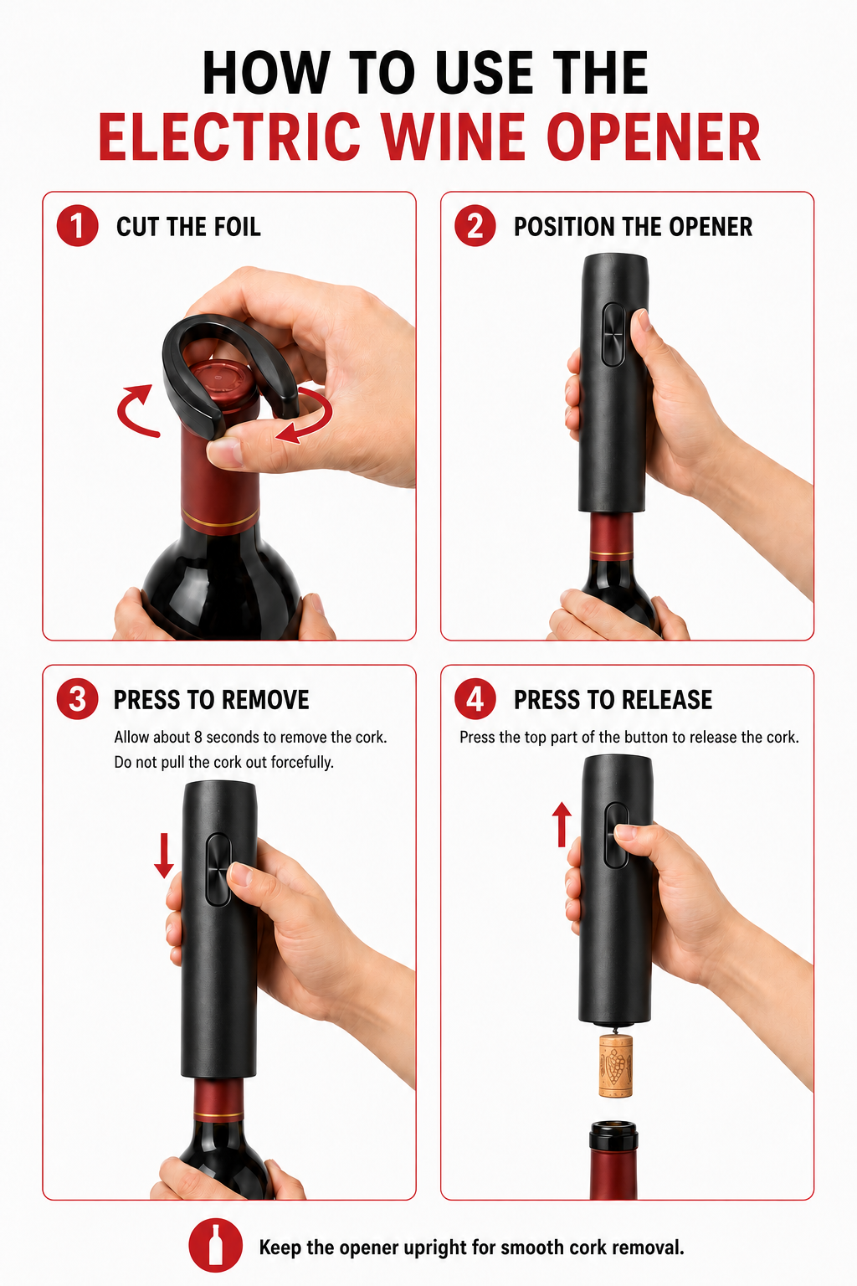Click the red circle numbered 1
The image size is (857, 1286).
[77, 226]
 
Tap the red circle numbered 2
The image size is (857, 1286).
[475, 226]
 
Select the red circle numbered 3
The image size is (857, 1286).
[77, 699]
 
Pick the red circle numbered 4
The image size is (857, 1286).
[475, 699]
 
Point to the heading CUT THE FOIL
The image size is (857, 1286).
[188, 227]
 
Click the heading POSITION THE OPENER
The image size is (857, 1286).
[633, 227]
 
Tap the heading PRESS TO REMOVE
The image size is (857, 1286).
[211, 700]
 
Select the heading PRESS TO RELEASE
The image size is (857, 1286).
[613, 700]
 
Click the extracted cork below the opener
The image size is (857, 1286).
[615, 1065]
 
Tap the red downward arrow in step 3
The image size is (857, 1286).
[164, 855]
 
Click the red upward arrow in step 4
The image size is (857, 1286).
[562, 825]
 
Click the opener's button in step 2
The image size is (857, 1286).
[614, 334]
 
